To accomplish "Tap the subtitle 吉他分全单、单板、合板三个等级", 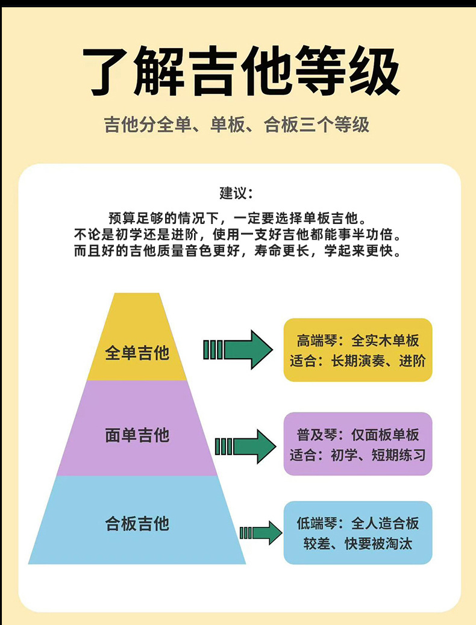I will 237,125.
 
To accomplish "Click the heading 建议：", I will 237,193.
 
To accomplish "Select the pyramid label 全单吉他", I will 137,352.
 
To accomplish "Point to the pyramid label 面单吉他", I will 137,434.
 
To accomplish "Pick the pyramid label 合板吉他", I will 137,523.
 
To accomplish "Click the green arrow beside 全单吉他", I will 237,349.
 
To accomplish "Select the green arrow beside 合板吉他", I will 260,533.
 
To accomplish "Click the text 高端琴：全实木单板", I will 358,340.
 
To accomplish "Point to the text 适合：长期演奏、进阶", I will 358,361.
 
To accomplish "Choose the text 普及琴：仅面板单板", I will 358,434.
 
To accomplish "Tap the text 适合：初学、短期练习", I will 358,455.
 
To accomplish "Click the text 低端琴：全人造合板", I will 358,523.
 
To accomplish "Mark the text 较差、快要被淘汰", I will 358,544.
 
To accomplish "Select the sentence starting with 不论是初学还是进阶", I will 237,234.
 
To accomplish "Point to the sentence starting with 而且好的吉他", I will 237,250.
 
